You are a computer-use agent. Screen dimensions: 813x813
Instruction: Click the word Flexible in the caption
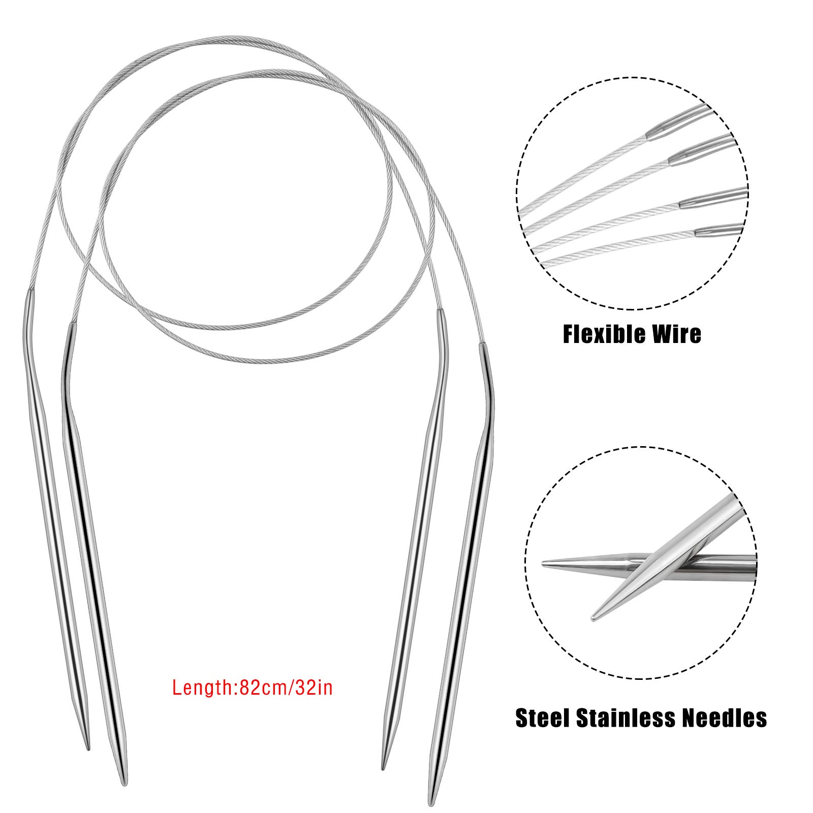click(x=599, y=334)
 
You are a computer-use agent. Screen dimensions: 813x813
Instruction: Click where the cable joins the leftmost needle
click(x=30, y=292)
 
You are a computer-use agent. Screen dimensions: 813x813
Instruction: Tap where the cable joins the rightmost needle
click(x=481, y=346)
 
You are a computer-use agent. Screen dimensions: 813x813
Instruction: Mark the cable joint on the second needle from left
click(x=72, y=324)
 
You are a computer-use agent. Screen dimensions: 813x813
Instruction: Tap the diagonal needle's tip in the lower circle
click(x=592, y=619)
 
